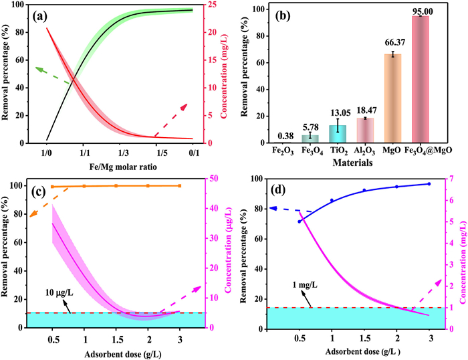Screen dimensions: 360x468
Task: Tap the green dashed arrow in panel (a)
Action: click(52, 75)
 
